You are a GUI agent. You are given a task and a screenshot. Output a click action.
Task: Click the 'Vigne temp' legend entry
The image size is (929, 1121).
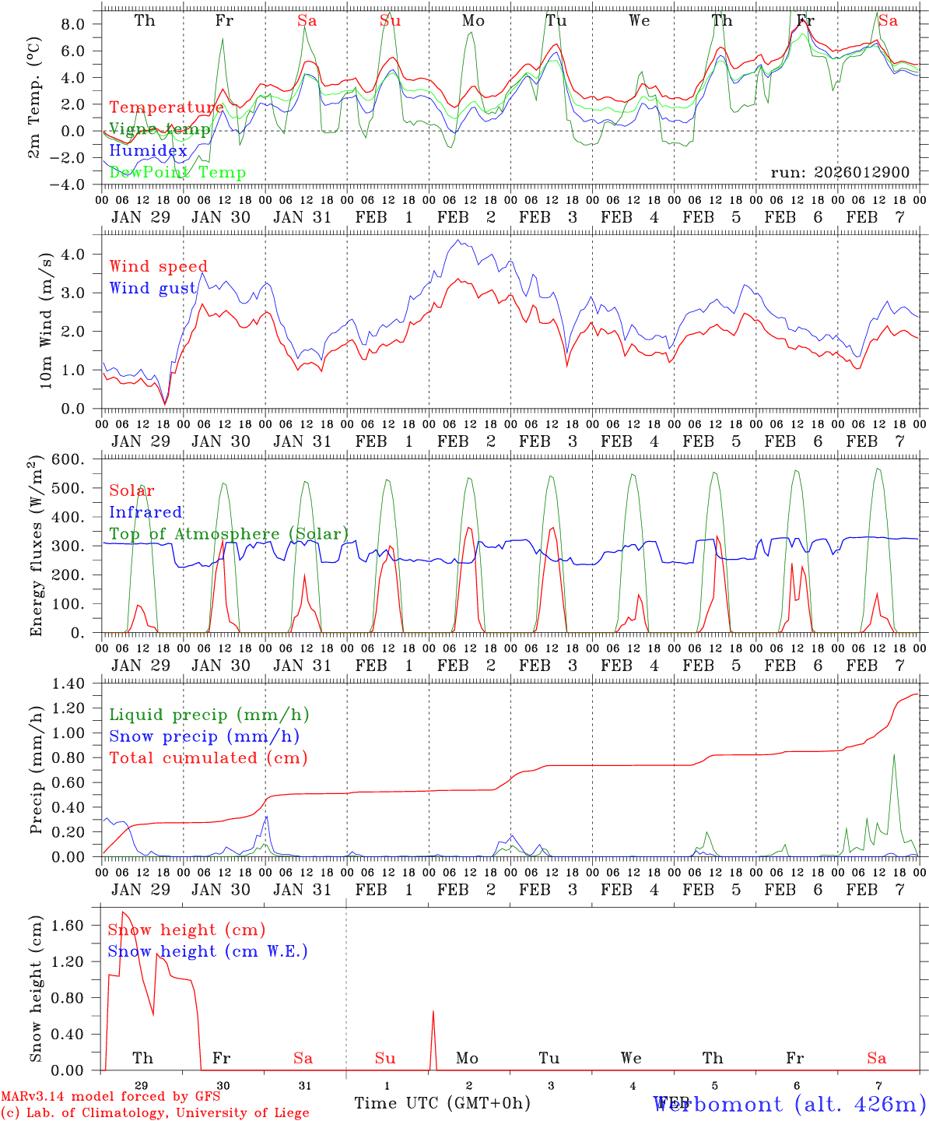(x=160, y=129)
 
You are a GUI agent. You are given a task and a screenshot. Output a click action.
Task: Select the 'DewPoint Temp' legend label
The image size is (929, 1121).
(x=177, y=173)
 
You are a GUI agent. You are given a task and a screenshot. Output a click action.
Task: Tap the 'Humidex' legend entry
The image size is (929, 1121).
(x=148, y=151)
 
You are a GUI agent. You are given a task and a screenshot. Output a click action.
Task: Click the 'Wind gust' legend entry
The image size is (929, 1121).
(x=152, y=288)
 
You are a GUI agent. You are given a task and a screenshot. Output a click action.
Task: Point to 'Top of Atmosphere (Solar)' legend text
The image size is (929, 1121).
(x=229, y=534)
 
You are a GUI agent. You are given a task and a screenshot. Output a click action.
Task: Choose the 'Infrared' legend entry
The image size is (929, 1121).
(x=145, y=512)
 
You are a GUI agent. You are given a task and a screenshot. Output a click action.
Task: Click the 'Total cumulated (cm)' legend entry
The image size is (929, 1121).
(x=208, y=757)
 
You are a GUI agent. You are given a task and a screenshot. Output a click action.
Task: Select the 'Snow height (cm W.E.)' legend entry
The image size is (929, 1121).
(x=208, y=951)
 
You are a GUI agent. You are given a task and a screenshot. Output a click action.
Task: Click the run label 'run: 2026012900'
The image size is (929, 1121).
(x=840, y=172)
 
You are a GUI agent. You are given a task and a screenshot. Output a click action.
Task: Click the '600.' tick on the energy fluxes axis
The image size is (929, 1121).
(x=76, y=460)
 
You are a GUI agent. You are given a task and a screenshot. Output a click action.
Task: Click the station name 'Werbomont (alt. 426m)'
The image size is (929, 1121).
(x=790, y=1104)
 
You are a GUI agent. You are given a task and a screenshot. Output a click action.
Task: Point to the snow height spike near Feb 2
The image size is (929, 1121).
(x=433, y=1012)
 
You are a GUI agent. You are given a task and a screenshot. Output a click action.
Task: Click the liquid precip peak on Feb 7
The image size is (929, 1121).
(x=894, y=754)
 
